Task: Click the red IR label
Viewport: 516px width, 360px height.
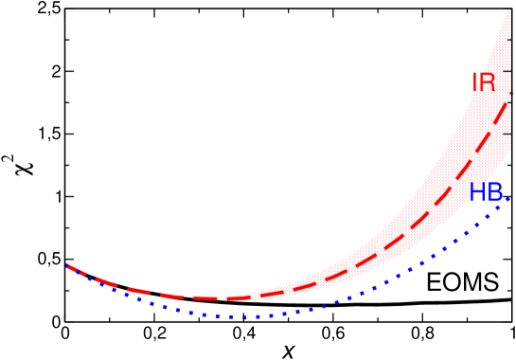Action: tap(483, 83)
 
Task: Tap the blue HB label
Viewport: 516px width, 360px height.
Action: tap(486, 192)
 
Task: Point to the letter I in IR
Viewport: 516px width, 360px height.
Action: tap(475, 83)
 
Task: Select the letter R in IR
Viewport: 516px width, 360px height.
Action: tap(488, 83)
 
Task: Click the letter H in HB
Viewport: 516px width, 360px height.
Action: tap(477, 192)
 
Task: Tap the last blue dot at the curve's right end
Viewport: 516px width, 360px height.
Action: tap(508, 199)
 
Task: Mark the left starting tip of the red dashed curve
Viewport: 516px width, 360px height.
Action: tap(67, 265)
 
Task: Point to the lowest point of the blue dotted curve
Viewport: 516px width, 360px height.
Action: tap(244, 317)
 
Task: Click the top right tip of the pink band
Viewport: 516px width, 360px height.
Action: tap(510, 9)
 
